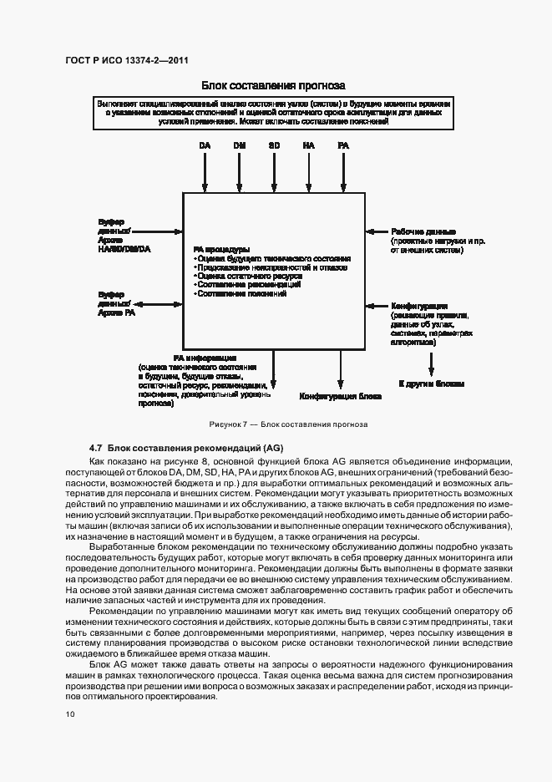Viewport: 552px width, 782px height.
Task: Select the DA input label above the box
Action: [205, 145]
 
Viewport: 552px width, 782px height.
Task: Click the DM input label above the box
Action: [240, 145]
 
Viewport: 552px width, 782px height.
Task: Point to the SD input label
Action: [274, 145]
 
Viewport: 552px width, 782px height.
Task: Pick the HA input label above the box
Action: [309, 145]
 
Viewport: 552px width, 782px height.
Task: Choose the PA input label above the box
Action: [343, 145]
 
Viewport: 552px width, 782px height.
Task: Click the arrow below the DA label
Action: [205, 172]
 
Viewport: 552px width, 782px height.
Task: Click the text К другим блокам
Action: [430, 383]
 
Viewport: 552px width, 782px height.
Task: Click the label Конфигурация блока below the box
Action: [341, 396]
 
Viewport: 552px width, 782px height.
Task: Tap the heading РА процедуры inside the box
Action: [221, 249]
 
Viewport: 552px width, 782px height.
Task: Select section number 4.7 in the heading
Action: [95, 448]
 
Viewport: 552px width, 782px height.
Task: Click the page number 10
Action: [70, 714]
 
